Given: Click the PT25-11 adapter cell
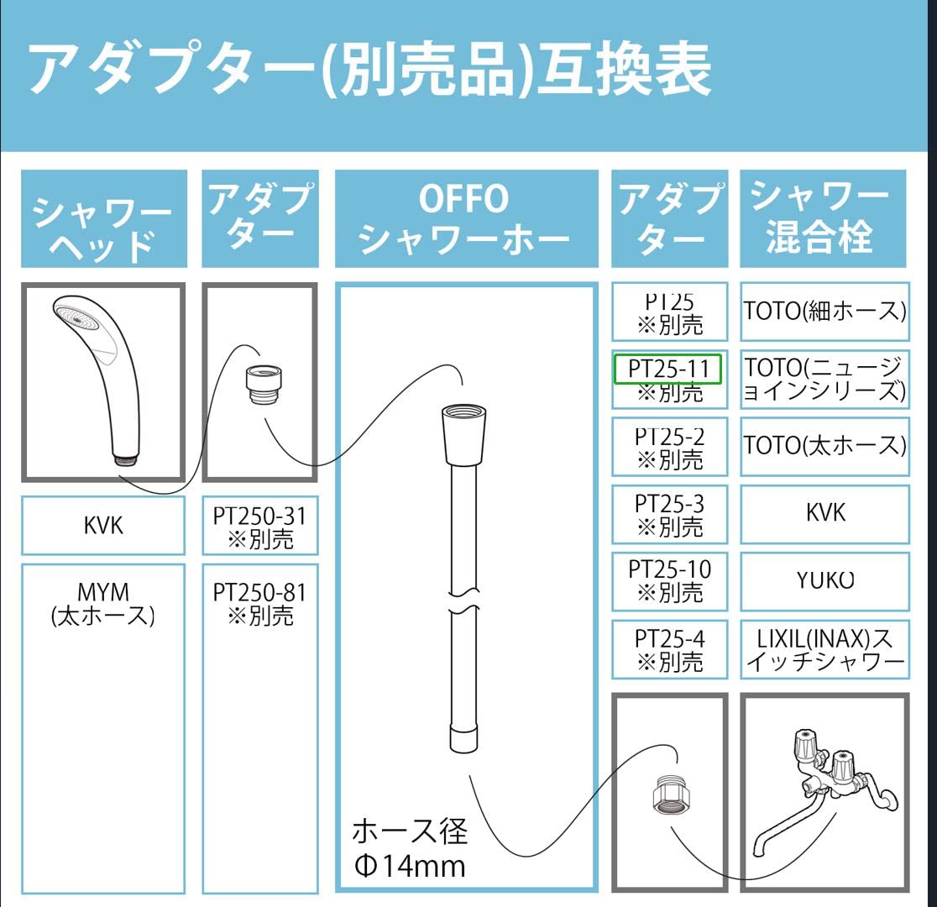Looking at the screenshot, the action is pos(669,380).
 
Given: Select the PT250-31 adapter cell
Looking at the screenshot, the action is pos(260,526).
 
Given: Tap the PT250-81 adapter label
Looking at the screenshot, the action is pos(260,603).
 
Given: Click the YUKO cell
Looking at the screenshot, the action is pos(824,581).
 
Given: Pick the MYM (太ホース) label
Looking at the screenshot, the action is pos(103,603).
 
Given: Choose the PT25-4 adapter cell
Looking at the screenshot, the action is pos(669,650).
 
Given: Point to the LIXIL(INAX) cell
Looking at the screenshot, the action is pos(824,650).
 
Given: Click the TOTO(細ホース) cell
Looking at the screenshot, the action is pos(824,312).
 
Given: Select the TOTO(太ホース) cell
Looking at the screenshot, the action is pos(824,447).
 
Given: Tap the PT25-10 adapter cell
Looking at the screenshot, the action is pos(669,581).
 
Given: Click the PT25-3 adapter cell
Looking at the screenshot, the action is pos(669,514).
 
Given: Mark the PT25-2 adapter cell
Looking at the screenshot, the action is pos(669,447).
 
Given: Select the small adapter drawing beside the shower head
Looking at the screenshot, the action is pos(264,385).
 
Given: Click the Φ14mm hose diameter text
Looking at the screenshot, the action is pos(410,865).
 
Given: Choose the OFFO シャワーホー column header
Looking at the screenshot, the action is pos(466,219).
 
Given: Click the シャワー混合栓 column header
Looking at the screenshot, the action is pos(823,219).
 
